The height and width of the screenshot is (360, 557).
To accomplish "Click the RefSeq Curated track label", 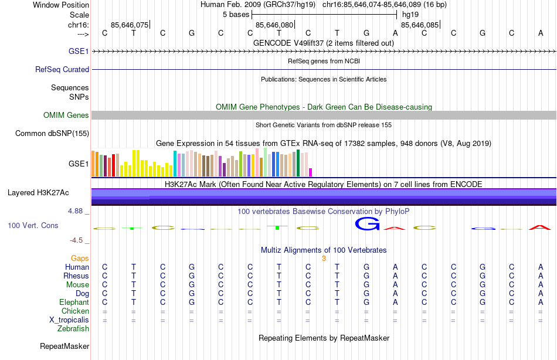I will coord(62,69).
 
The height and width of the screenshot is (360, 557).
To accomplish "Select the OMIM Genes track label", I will coord(66,116).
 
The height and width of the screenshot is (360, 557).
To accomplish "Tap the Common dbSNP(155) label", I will coord(52,134).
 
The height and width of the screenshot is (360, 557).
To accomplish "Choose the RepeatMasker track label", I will coord(64,347).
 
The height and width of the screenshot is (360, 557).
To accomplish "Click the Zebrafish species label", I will coord(73,329).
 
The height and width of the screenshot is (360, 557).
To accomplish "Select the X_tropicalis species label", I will coord(69,320).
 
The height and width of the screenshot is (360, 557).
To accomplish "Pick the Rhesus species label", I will coord(76,276).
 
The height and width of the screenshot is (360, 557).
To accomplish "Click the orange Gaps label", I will coord(80,258).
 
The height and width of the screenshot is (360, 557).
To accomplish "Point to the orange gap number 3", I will coord(324,258).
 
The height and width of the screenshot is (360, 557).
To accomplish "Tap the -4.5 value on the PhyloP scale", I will coord(77,240).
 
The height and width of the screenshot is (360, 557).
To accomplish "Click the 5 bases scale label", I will coord(236,15).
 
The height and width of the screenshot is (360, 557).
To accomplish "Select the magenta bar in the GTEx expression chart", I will coord(310,172).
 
